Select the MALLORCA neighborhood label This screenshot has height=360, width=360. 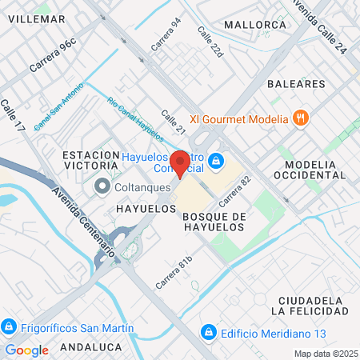[255, 25]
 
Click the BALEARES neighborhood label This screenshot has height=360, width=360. [297, 83]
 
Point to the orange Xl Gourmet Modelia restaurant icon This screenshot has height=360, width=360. [301, 119]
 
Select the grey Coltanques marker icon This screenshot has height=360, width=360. [102, 187]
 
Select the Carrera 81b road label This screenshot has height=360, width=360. [174, 272]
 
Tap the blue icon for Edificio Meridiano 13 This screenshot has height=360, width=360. [208, 330]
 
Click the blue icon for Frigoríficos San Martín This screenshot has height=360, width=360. [9, 326]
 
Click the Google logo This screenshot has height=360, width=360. [26, 350]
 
